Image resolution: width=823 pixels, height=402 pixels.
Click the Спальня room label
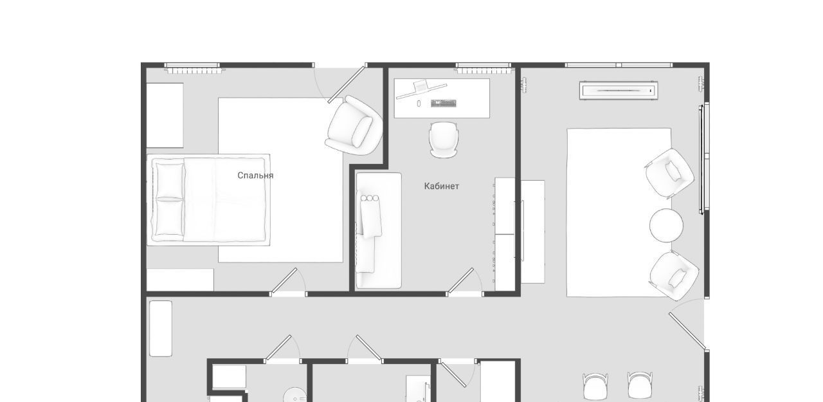(255, 176)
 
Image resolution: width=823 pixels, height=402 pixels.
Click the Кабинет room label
(441, 187)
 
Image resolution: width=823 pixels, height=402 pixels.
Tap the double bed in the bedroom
(208, 199)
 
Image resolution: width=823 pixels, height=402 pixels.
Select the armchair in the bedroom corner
(354, 125)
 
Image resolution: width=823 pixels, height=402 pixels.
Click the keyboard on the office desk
(444, 104)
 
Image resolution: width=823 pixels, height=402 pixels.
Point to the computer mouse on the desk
(419, 104)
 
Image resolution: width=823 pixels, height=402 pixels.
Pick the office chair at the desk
(444, 140)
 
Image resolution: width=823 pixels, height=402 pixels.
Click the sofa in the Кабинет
(378, 230)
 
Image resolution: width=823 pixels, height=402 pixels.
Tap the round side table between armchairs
(666, 226)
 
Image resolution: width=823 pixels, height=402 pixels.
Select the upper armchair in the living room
(669, 174)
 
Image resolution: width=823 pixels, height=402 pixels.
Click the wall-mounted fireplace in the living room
(619, 91)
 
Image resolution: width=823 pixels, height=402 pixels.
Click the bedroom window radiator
(194, 70)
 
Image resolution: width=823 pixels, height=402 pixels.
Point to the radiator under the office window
(483, 70)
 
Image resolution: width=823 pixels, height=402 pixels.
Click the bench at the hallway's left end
(161, 329)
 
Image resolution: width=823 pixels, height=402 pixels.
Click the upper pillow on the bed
(170, 181)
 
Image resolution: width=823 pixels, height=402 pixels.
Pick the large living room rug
(619, 212)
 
